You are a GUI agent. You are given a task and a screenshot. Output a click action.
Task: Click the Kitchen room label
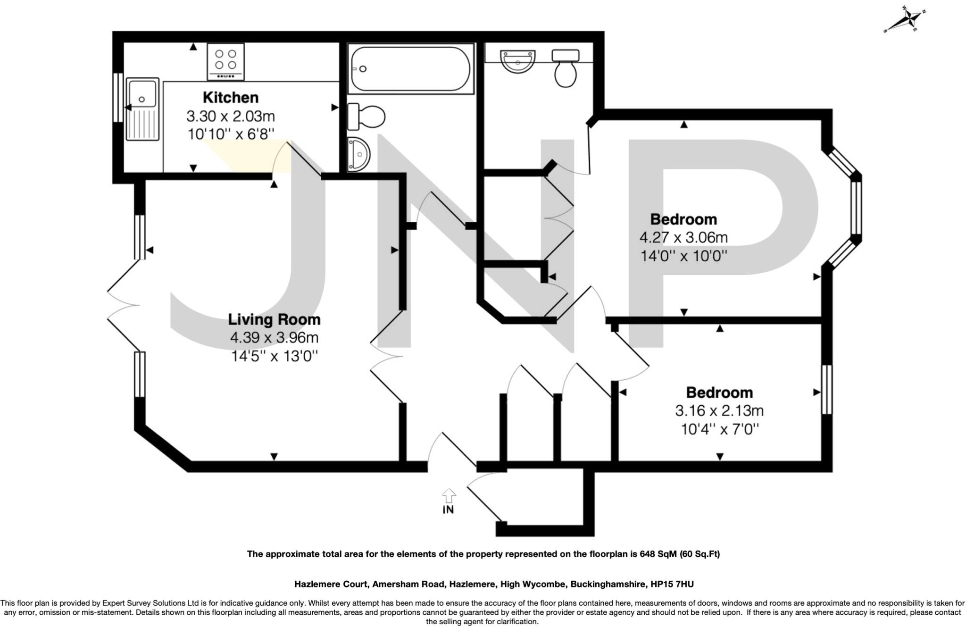point(231,98)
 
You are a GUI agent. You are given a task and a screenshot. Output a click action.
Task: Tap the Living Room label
point(274,319)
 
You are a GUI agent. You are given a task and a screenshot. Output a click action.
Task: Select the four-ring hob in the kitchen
point(226,61)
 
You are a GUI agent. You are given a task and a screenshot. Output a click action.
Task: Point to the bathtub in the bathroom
point(410,69)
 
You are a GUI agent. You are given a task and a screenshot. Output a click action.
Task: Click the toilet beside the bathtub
point(366,116)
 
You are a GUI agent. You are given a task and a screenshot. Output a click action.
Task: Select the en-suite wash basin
point(518,62)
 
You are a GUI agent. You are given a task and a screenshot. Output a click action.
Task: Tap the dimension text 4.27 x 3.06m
point(683,237)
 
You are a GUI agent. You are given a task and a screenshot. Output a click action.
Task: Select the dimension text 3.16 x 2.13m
point(719,411)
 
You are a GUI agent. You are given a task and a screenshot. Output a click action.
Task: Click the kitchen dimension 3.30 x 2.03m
point(231,116)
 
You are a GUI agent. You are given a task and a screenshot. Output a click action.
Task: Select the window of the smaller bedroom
point(826,389)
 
